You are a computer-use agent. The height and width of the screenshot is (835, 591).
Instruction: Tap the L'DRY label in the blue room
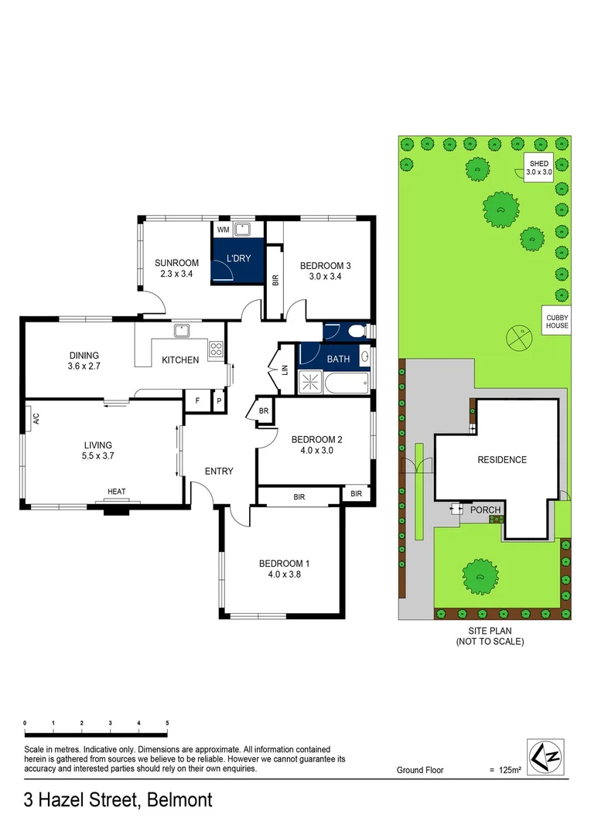coord(238,258)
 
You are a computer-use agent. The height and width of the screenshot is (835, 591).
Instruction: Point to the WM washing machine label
coord(223,230)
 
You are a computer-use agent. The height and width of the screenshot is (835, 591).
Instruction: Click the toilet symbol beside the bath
coord(357,332)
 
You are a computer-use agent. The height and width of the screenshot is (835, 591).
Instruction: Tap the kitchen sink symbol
coord(183,331)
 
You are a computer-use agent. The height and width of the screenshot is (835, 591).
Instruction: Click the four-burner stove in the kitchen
coord(217,348)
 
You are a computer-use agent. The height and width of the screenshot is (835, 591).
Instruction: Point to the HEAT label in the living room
coord(116,492)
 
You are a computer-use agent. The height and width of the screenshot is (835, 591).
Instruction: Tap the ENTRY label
coord(219,472)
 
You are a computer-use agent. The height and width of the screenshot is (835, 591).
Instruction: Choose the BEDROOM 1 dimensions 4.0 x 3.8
coord(284,574)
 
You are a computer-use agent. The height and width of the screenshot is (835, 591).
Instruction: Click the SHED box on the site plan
coord(538,168)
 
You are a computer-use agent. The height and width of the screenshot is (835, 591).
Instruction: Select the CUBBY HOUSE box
coord(557,321)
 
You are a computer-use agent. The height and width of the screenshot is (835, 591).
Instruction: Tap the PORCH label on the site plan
coord(487,510)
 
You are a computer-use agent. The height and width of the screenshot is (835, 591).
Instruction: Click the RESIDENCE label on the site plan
coord(501,460)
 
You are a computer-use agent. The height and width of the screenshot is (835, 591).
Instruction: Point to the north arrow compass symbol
coord(545,755)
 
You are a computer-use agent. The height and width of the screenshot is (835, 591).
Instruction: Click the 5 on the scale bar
coord(167,722)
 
